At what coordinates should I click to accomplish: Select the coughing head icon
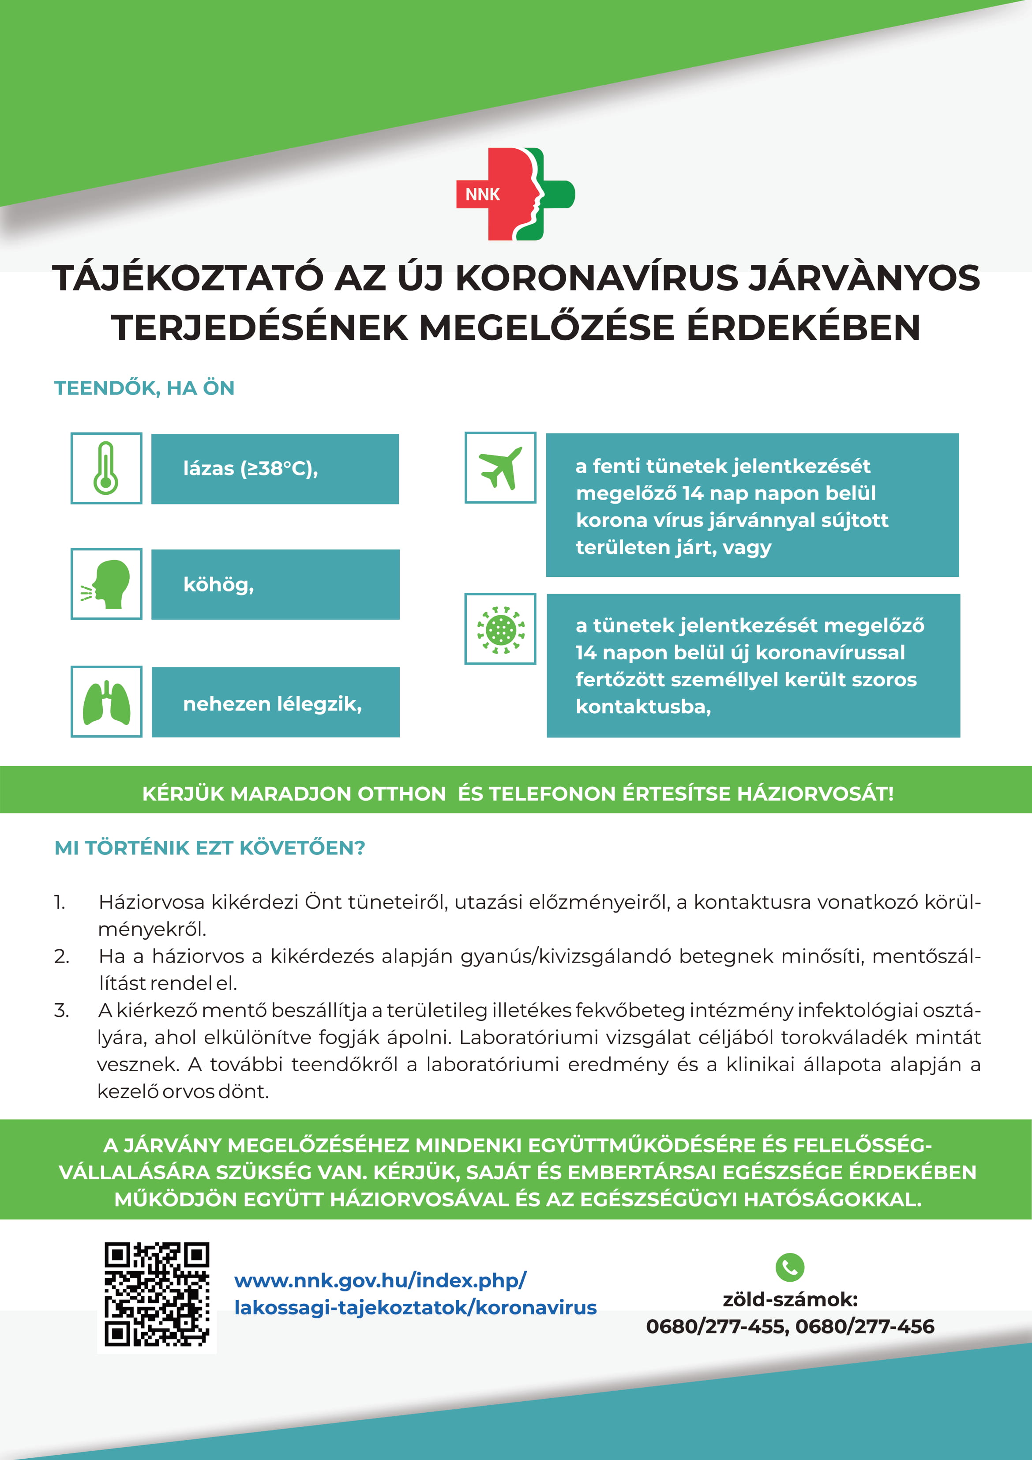(x=106, y=584)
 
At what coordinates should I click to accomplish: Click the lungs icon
(x=106, y=702)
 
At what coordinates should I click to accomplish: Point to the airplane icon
(x=500, y=467)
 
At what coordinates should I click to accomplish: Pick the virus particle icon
(x=500, y=629)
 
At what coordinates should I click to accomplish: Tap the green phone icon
(x=790, y=1267)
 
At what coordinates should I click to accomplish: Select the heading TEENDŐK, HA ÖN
(x=144, y=388)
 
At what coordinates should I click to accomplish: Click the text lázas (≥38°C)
(x=250, y=469)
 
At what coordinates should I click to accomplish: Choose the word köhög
(x=218, y=584)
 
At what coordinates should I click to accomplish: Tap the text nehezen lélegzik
(x=272, y=703)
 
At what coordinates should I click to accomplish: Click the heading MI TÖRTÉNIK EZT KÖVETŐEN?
(x=210, y=848)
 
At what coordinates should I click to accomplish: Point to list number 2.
(x=62, y=956)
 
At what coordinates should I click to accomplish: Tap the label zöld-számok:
(x=790, y=1299)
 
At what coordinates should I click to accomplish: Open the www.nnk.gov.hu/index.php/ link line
(x=380, y=1280)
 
